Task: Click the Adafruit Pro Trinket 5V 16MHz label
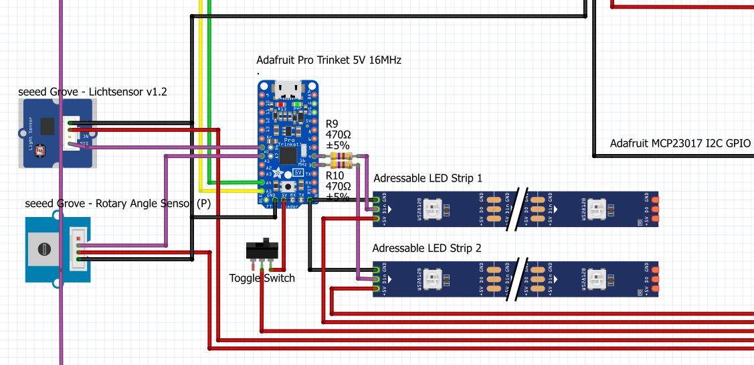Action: [x=328, y=60]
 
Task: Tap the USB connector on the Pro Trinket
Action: [x=288, y=88]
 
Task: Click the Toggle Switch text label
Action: [x=262, y=278]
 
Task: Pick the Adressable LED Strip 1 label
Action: [x=428, y=178]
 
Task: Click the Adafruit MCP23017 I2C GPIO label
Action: [x=680, y=143]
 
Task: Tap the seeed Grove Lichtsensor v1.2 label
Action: [x=92, y=92]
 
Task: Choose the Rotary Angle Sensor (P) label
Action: [x=118, y=204]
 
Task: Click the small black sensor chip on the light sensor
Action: [x=48, y=125]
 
